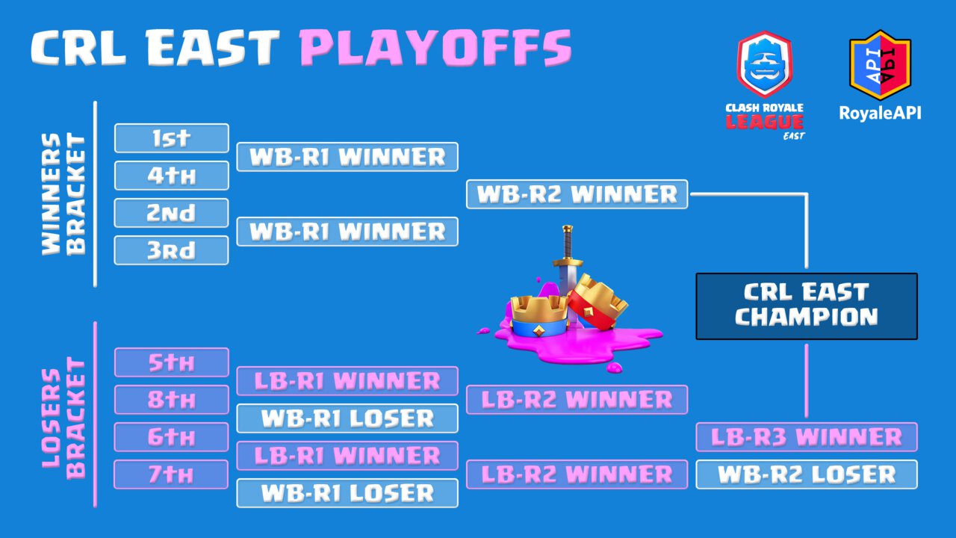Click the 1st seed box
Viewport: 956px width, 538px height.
coord(172,138)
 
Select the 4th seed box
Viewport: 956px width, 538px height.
coord(172,176)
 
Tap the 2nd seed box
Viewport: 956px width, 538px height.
coord(172,213)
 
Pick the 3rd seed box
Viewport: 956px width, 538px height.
coord(172,250)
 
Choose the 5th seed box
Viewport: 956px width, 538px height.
coord(172,362)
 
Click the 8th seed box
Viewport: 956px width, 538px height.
coord(172,400)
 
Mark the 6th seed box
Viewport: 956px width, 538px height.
coord(172,437)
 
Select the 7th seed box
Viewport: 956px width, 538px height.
coord(172,474)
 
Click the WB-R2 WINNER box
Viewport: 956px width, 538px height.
coord(577,194)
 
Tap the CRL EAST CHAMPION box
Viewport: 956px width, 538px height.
coord(807,306)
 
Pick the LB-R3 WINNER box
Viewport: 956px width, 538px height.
coord(807,437)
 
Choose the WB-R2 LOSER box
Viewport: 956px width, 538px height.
coord(807,474)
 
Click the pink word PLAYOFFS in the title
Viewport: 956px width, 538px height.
coord(435,48)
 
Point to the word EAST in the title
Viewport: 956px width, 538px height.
coord(213,48)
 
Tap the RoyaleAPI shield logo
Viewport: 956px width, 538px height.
coord(880,65)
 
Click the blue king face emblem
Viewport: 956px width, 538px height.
coord(765,65)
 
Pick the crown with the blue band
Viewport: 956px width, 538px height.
coord(539,316)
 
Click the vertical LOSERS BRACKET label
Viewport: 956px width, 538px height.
coord(64,418)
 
